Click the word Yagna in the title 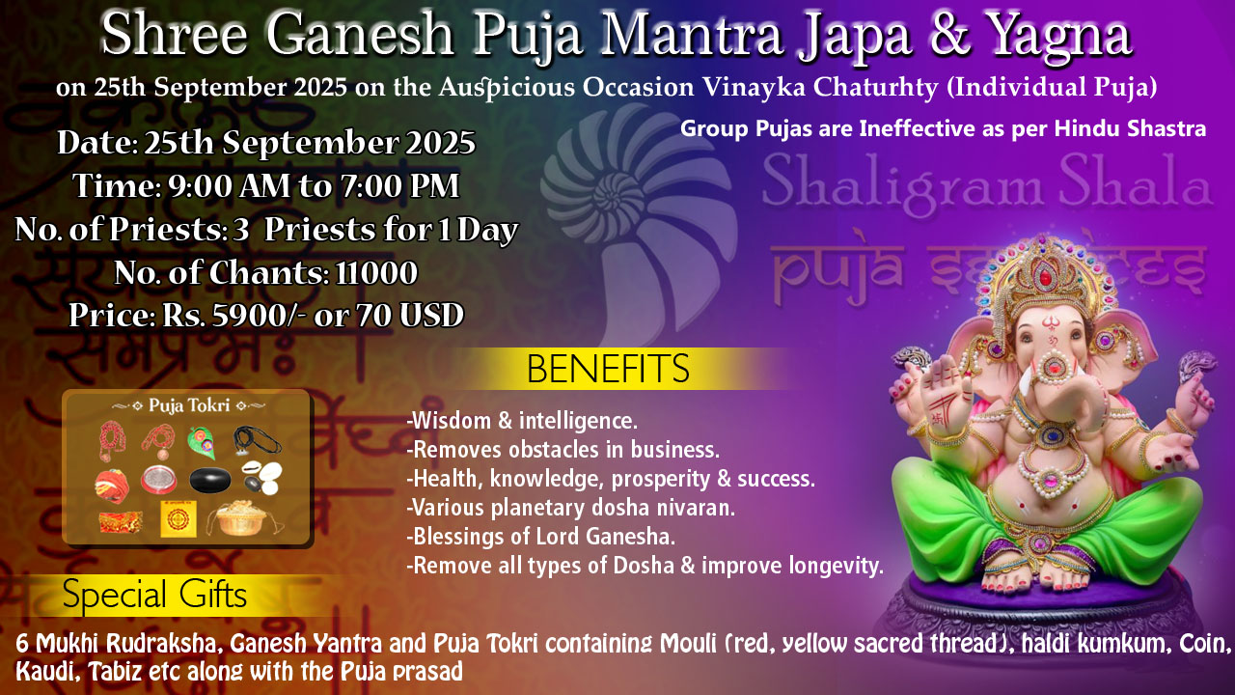(1059, 37)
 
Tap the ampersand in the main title (949, 34)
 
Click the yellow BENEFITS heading (608, 369)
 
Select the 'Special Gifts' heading (154, 596)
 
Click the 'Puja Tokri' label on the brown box (188, 405)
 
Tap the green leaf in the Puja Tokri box (201, 442)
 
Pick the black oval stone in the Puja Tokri (210, 480)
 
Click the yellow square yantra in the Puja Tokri (178, 518)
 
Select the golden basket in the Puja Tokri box (242, 518)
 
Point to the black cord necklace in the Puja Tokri (257, 441)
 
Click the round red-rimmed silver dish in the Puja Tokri (159, 480)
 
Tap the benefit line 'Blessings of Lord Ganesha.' (541, 537)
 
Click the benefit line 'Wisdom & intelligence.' (522, 421)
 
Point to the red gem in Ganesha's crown (1044, 275)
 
